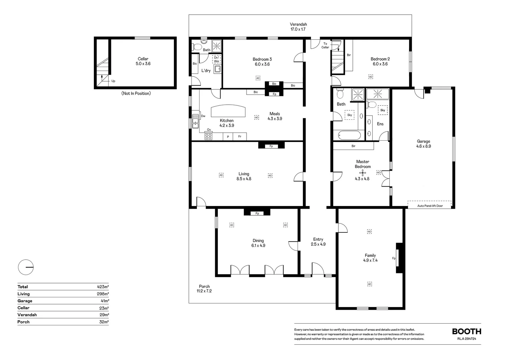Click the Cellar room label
point(143,59)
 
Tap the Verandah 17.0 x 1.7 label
point(298,27)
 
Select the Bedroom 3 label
point(262,59)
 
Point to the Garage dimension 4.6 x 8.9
point(424,146)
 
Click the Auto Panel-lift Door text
point(430,206)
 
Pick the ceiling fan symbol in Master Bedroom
point(363,173)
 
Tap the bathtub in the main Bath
point(349,135)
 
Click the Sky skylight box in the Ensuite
point(383,110)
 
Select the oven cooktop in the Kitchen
point(209,136)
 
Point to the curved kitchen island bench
point(228,111)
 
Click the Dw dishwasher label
point(203,116)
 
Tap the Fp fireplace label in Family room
point(394,258)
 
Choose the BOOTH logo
point(466,331)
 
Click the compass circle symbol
point(26,267)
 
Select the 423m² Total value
point(103,287)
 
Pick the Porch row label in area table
point(23,322)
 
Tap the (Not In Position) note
point(136,93)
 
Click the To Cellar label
point(325,45)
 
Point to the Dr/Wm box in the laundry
point(217,59)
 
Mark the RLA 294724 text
point(467,339)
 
